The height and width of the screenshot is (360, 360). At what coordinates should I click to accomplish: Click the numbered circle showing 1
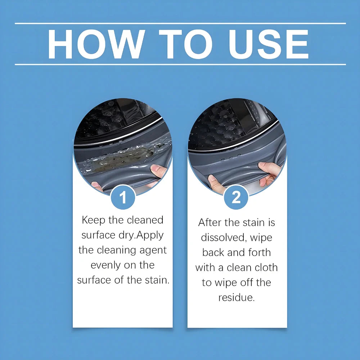pos(123,197)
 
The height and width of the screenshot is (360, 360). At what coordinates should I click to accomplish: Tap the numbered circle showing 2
pos(236,197)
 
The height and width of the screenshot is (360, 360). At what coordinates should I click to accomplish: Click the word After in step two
pos(210,222)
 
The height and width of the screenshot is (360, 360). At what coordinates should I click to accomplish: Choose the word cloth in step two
pos(265,267)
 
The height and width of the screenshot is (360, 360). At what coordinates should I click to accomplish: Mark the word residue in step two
pos(236,298)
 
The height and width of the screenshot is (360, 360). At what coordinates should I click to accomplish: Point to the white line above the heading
pos(180,23)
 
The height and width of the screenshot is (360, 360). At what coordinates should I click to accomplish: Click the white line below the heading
pos(180,64)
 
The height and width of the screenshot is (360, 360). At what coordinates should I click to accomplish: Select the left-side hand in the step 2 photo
pos(216,183)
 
